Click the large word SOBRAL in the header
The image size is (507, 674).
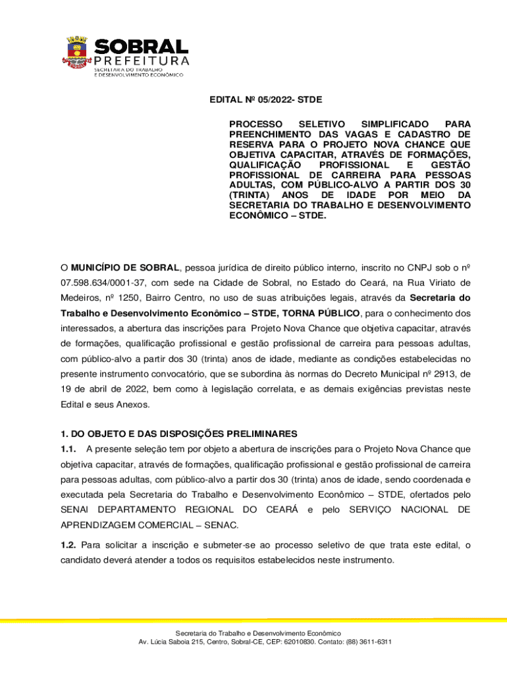tap(142, 47)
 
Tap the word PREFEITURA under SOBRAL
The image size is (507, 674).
tap(142, 61)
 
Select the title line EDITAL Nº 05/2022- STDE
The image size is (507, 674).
tap(265, 100)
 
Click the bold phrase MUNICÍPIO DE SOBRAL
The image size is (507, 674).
tap(125, 268)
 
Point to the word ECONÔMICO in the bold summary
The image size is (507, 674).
tap(257, 215)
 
